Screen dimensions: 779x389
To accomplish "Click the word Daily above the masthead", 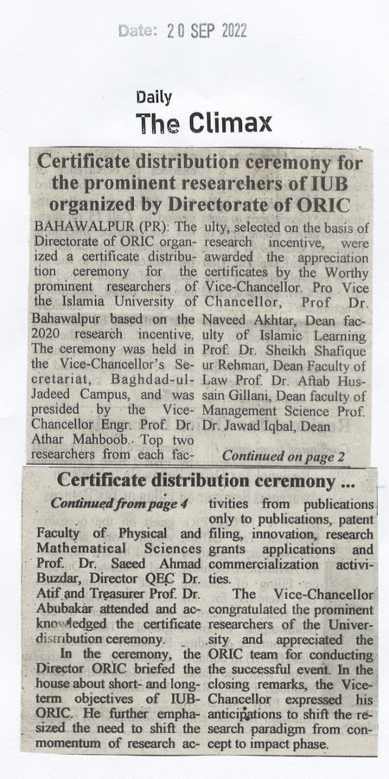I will point(154,97).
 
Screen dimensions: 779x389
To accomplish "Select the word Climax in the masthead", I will point(231,124).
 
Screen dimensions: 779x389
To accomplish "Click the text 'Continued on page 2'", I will point(283,455).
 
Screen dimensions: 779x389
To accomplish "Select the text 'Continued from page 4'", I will point(120,504).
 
